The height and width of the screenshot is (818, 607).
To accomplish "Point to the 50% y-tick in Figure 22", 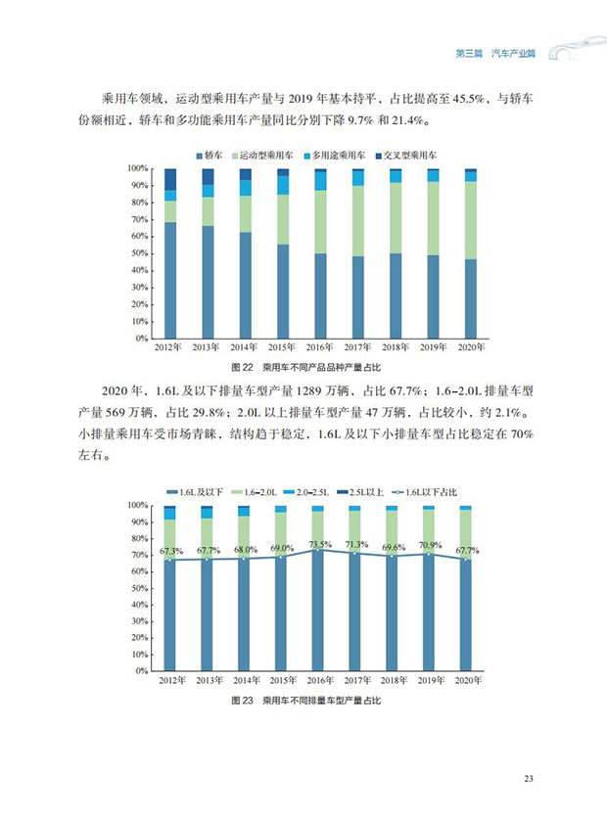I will [138, 253].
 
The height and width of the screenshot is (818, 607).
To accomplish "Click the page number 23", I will [528, 779].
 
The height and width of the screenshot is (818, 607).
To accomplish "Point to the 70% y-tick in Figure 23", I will [138, 555].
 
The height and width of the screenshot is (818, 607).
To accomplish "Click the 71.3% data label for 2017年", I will [357, 545].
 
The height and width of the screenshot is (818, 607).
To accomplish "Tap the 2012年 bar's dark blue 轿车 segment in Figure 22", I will [170, 280].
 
